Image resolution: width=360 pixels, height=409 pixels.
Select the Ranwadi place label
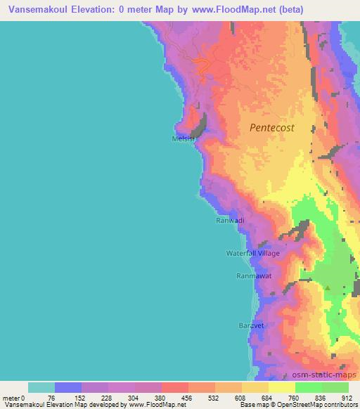229,221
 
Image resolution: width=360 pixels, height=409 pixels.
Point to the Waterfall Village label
252,253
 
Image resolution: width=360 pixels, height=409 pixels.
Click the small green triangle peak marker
326,287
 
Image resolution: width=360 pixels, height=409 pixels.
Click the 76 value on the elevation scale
54,397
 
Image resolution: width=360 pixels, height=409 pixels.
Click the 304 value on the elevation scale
134,397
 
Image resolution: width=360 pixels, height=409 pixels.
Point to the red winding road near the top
202,67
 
